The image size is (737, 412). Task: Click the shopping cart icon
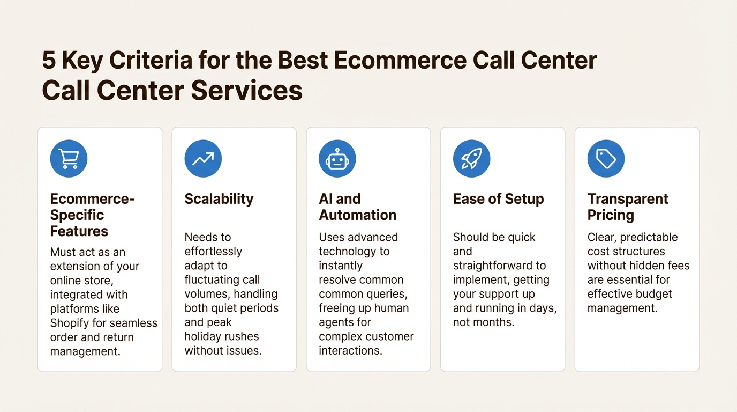pyautogui.click(x=69, y=159)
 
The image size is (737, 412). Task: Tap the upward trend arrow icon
pyautogui.click(x=203, y=159)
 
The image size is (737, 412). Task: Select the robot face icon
pyautogui.click(x=337, y=159)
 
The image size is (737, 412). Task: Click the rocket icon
pyautogui.click(x=471, y=159)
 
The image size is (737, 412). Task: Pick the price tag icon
pyautogui.click(x=606, y=159)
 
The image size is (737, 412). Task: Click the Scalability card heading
pyautogui.click(x=219, y=199)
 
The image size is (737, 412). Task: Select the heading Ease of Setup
pyautogui.click(x=498, y=199)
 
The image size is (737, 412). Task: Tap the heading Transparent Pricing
pyautogui.click(x=627, y=207)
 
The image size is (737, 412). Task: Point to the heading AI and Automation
pyautogui.click(x=357, y=207)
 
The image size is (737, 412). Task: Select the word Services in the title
pyautogui.click(x=246, y=90)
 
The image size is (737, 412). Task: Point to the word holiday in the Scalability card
pyautogui.click(x=202, y=337)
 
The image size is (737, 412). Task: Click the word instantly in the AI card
pyautogui.click(x=341, y=266)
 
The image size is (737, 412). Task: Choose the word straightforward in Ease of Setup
pyautogui.click(x=499, y=266)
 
